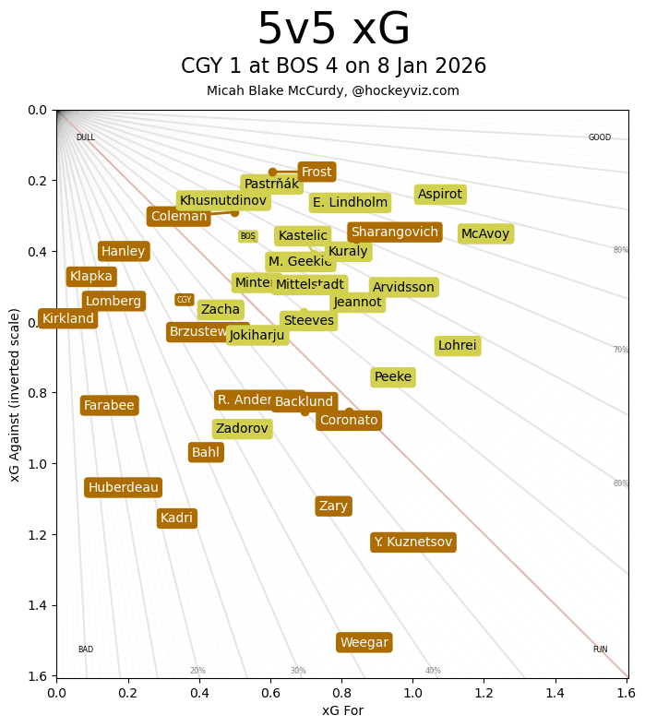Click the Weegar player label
point(364,642)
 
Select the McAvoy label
point(485,233)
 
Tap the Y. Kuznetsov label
point(413,542)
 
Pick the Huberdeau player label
point(123,487)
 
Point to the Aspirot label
point(440,194)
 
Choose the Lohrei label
point(458,346)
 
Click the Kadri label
point(176,518)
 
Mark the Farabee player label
point(109,405)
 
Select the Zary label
point(333,506)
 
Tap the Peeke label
point(393,376)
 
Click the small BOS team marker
point(247,236)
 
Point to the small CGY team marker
point(185,300)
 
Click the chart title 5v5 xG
point(333,30)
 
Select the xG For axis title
point(342,709)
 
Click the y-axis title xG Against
point(15,393)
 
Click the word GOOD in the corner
point(600,137)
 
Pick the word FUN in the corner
point(600,650)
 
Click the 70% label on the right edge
point(621,350)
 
